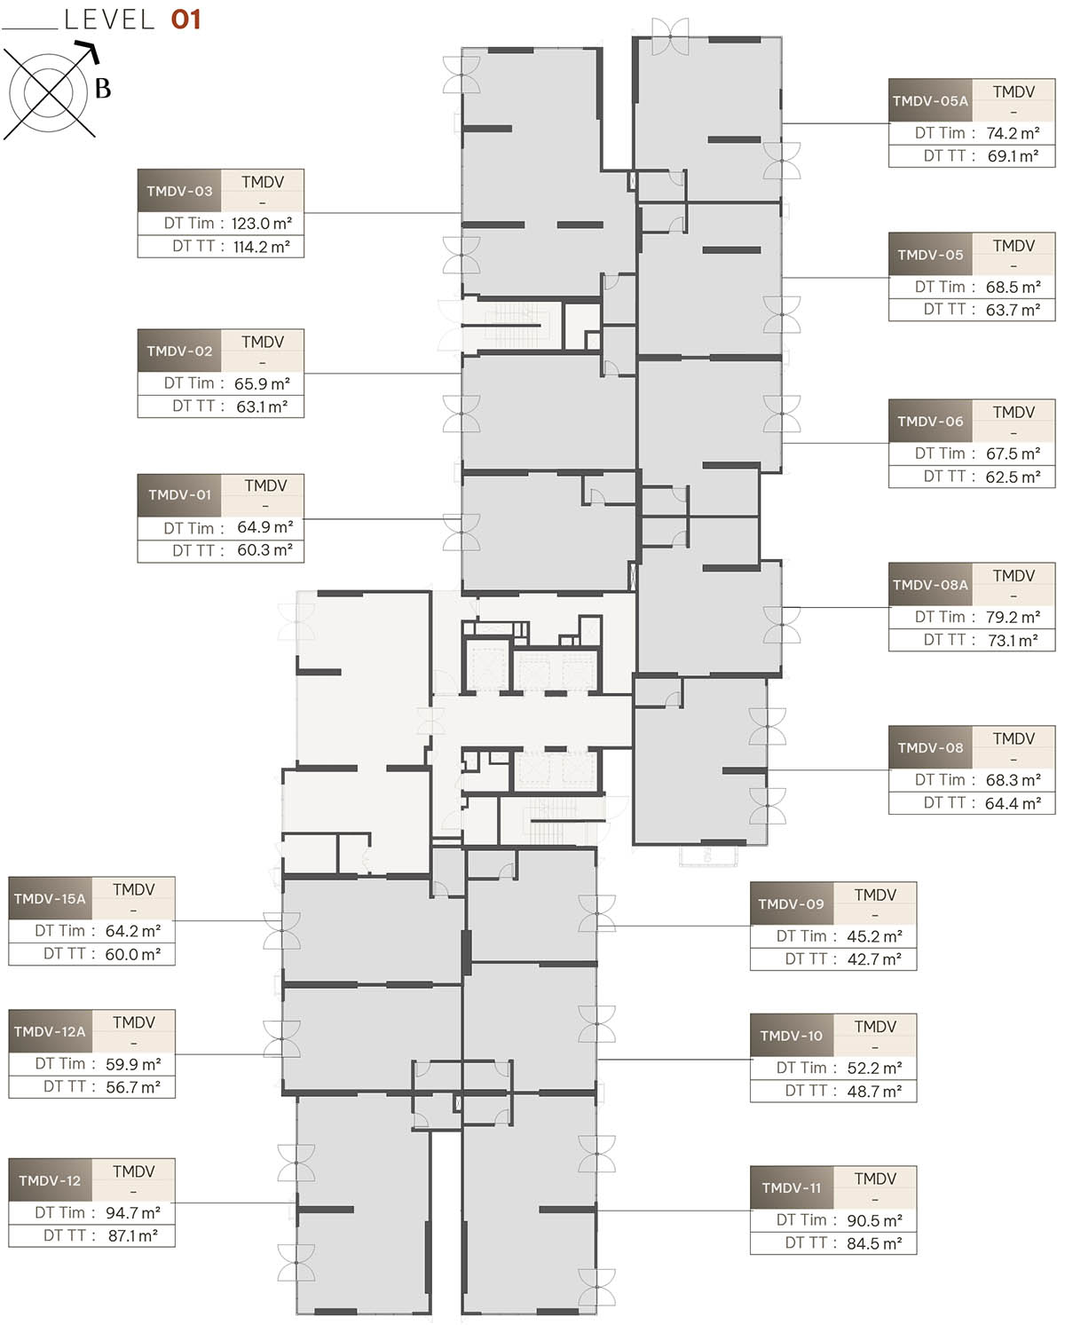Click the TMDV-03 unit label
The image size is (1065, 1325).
click(x=179, y=191)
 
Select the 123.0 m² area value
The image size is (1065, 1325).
click(x=262, y=224)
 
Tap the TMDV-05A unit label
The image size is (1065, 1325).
click(x=930, y=101)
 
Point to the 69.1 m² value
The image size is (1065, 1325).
click(x=1013, y=156)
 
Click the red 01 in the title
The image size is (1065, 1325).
click(x=186, y=20)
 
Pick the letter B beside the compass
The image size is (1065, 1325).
click(x=103, y=89)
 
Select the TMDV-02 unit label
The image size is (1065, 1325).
click(x=179, y=351)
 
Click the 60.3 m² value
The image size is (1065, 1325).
click(x=264, y=550)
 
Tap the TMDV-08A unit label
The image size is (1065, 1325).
click(x=930, y=585)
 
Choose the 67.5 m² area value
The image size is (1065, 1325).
click(x=1014, y=453)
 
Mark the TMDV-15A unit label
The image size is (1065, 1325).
click(x=50, y=899)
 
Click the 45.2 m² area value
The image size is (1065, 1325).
click(x=875, y=936)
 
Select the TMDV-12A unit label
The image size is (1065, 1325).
click(x=50, y=1032)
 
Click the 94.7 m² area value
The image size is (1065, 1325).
click(x=133, y=1213)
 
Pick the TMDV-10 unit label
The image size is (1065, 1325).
click(x=792, y=1037)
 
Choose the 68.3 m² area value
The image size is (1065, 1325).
click(x=1014, y=780)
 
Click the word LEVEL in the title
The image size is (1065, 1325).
click(x=109, y=20)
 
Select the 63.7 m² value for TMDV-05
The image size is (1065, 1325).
click(x=1014, y=310)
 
